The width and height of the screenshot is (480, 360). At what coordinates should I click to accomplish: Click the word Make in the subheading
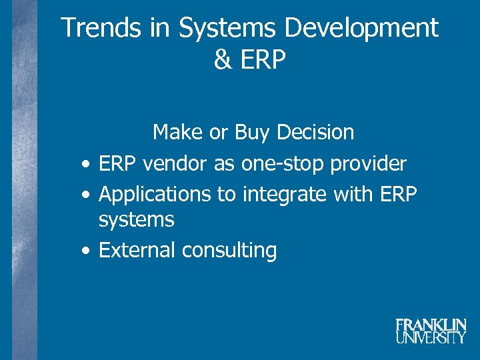(x=178, y=132)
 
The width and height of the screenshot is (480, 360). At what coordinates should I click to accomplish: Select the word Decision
(x=315, y=132)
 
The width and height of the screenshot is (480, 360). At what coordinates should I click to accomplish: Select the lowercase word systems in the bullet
(x=136, y=219)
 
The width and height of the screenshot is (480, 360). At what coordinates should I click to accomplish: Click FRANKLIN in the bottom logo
(x=431, y=325)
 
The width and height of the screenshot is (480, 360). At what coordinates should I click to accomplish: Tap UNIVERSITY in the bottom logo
(x=431, y=337)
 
